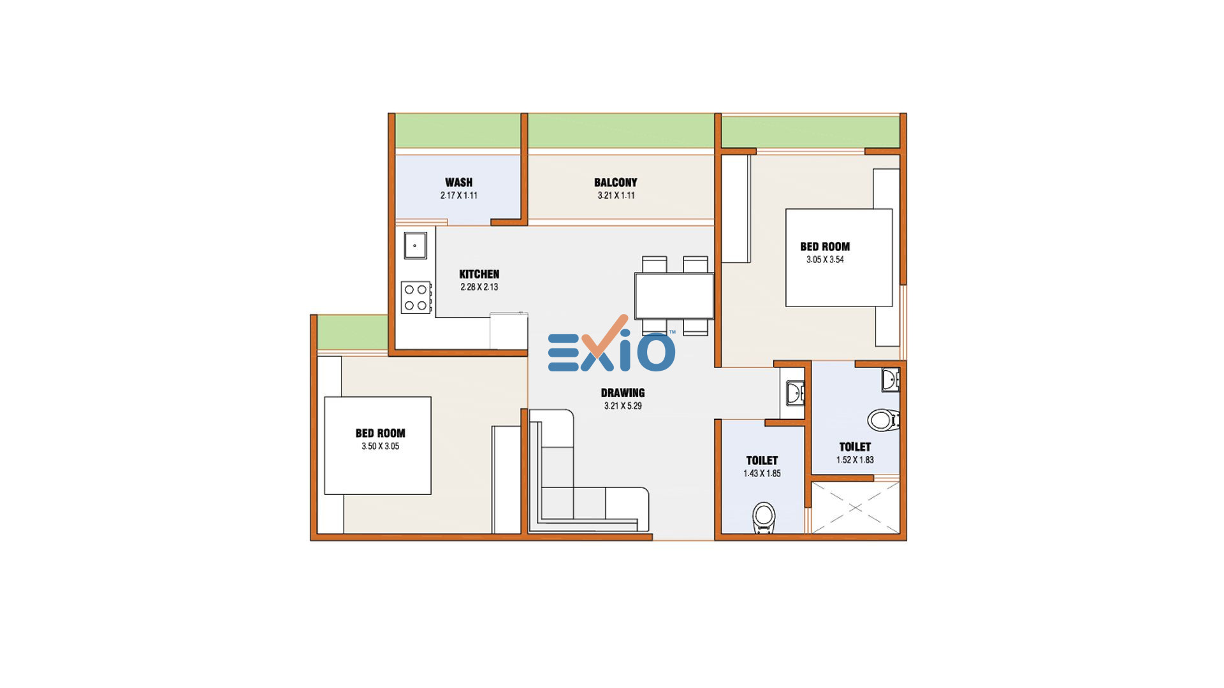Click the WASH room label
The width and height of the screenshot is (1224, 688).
[x=459, y=182]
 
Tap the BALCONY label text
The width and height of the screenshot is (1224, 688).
[x=616, y=182]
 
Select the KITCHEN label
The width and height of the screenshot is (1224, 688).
[x=479, y=274]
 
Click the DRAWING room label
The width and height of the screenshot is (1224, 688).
[x=623, y=392]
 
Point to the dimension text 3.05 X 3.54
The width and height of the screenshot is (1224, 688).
[x=825, y=259]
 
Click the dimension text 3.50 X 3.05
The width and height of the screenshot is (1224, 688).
[x=381, y=446]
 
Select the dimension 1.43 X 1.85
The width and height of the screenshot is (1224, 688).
[x=762, y=473]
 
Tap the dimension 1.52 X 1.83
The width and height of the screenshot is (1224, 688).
[x=855, y=460]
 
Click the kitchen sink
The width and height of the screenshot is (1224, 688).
[x=415, y=245]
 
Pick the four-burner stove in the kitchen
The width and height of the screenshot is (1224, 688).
[x=416, y=297]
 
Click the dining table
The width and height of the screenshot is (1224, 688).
[x=674, y=296]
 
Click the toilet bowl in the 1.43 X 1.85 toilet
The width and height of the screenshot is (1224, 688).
[x=763, y=517]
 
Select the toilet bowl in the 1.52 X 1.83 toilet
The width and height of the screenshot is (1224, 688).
[x=884, y=420]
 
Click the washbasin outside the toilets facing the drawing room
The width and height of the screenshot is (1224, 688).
[x=794, y=393]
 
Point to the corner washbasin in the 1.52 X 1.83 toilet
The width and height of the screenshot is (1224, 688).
[x=891, y=380]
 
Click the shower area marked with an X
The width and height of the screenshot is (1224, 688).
[x=855, y=508]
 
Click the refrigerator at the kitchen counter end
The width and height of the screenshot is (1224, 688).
[x=509, y=331]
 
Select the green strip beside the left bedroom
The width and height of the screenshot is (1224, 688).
[x=353, y=332]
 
